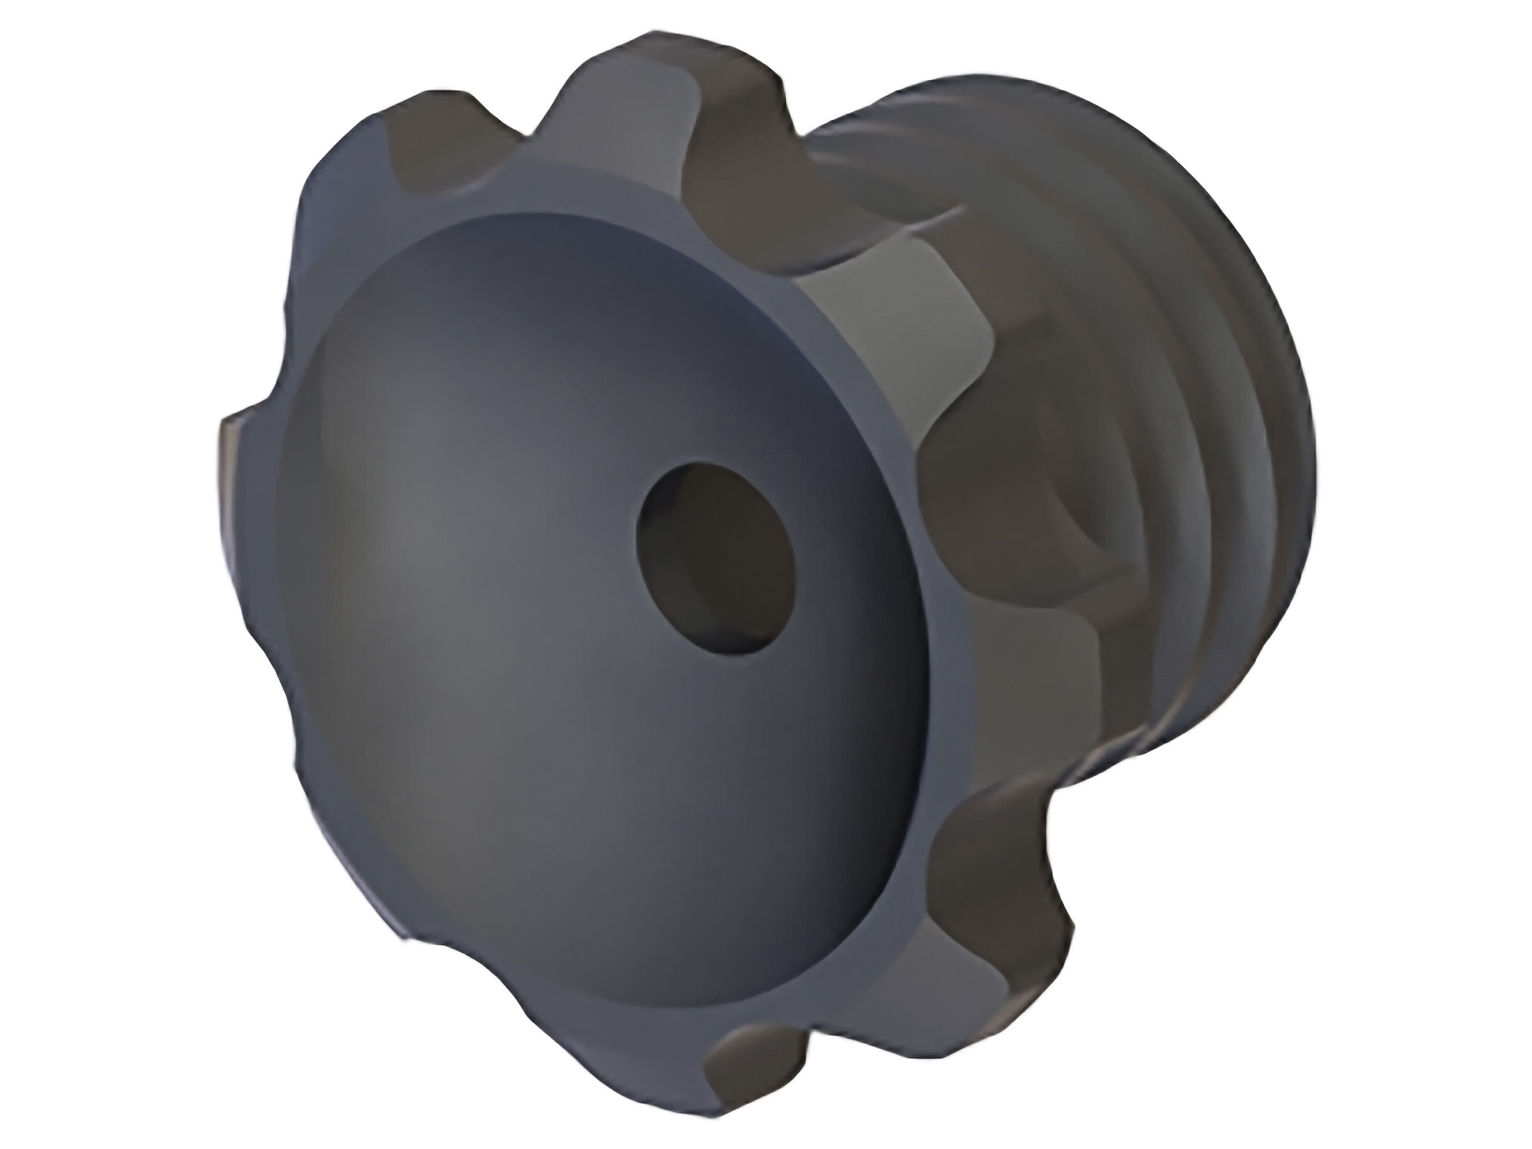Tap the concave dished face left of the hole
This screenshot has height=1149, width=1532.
point(453,557)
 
